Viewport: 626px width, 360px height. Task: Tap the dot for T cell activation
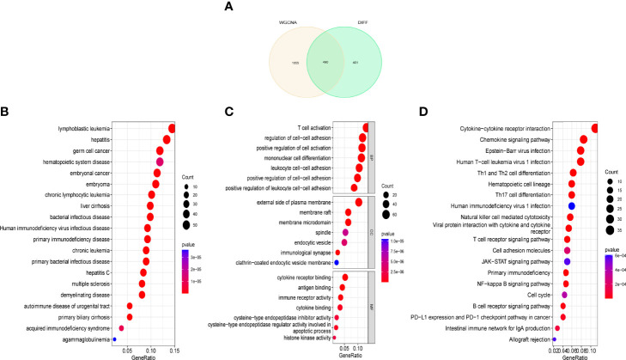[365, 127]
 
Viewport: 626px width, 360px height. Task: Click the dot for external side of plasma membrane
[358, 203]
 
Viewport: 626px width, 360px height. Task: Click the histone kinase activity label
[304, 339]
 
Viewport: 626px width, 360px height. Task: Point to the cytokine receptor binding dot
[344, 277]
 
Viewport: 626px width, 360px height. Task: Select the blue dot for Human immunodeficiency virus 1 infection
[571, 206]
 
